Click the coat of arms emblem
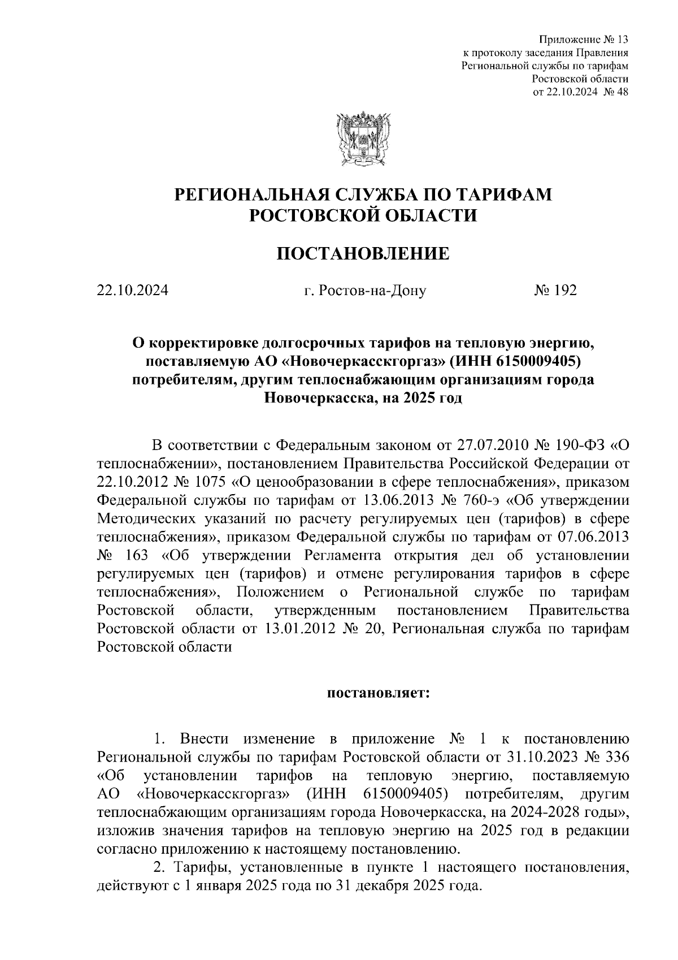pos(362,138)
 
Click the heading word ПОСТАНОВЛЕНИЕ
pos(362,254)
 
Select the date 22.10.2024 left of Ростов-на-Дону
pos(132,291)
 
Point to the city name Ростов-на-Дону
pos(364,291)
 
